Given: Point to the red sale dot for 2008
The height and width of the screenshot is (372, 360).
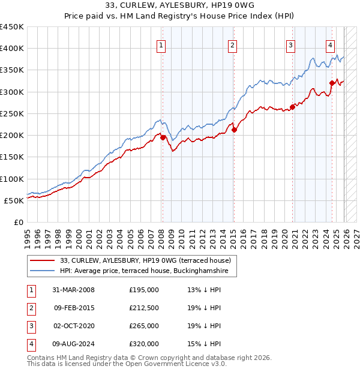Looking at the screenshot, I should pyautogui.click(x=163, y=137).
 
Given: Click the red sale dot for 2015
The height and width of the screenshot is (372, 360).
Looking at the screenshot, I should pyautogui.click(x=234, y=130).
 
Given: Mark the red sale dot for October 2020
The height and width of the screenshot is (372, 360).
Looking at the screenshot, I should pyautogui.click(x=293, y=107).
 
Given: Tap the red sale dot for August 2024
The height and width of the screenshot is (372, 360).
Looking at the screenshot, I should pyautogui.click(x=332, y=83).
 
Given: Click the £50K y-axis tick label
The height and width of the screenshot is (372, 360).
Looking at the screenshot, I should pyautogui.click(x=14, y=200).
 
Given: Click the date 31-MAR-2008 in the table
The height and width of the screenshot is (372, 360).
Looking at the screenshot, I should pyautogui.click(x=73, y=290).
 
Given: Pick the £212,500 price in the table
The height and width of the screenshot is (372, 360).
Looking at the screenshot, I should pyautogui.click(x=144, y=308).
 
